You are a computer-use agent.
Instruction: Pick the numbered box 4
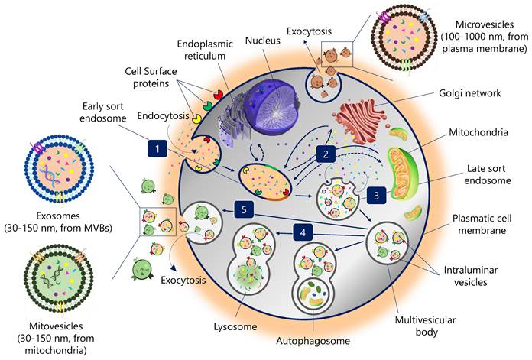click(x=304, y=231)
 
